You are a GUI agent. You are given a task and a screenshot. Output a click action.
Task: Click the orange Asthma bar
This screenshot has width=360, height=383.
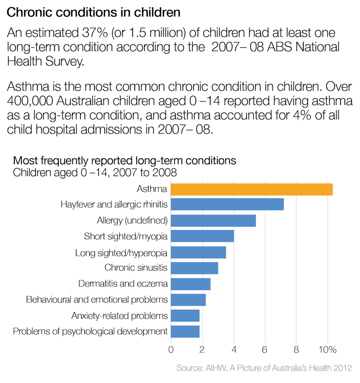coord(252,189)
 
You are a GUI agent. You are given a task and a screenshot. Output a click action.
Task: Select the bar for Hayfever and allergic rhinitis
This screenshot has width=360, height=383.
coord(227,205)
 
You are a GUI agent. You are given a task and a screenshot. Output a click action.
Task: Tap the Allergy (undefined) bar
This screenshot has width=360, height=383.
coord(213,220)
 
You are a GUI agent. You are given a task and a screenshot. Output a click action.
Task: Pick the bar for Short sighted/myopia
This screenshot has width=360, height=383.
coord(202,236)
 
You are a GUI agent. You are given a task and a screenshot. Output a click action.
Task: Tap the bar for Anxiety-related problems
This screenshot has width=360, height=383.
coord(185,315)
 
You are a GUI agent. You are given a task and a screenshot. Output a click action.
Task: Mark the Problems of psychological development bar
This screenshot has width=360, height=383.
coord(185,331)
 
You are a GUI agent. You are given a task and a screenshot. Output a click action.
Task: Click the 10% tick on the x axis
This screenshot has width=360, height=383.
coord(328,349)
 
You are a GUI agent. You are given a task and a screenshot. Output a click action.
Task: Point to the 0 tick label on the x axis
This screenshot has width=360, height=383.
coord(171,349)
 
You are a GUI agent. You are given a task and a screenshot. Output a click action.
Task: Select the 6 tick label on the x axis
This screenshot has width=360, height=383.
coord(265,349)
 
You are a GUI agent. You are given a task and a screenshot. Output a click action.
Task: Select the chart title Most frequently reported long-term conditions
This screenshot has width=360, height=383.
coord(124,160)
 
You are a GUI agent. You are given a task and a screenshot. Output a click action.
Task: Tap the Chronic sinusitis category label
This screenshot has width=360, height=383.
coord(136,268)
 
